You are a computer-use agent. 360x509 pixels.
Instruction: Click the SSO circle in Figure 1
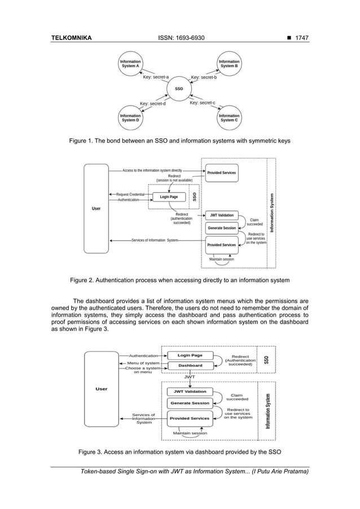point(179,89)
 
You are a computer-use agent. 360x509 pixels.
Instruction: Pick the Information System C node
point(229,117)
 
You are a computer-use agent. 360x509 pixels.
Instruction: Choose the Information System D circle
point(130,117)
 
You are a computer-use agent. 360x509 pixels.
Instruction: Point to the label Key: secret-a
point(155,78)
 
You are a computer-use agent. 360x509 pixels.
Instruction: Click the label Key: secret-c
point(203,103)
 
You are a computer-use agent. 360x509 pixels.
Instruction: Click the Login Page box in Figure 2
point(169,197)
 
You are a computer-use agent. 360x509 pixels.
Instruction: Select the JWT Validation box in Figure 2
point(221,215)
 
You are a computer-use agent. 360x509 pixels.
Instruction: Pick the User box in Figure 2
point(96,208)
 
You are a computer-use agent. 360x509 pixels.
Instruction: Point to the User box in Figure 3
point(102,389)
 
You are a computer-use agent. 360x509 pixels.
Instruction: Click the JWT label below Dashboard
point(190,376)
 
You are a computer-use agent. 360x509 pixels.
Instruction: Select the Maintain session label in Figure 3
point(191,433)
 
